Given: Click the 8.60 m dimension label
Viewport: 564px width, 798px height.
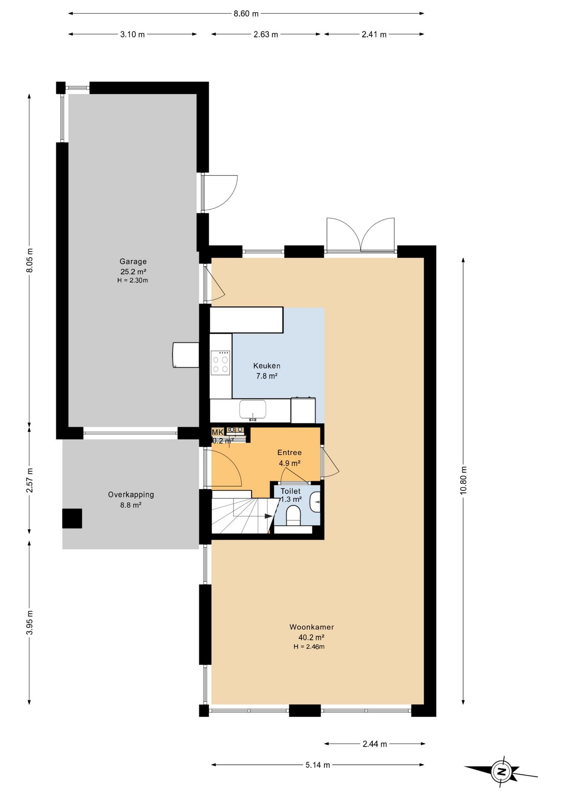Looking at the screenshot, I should click(246, 14).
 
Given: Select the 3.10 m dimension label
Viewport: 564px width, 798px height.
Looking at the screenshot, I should click(132, 34).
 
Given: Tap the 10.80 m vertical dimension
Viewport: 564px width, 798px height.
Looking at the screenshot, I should click(463, 480).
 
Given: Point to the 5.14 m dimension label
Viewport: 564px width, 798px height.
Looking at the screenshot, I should click(318, 765).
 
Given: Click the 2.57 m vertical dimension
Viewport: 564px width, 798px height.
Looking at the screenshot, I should click(29, 480).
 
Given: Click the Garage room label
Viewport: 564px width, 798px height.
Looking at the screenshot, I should click(133, 261).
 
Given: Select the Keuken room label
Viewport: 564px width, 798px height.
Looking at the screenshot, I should click(267, 366).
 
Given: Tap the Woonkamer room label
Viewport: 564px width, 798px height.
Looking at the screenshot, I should click(311, 627).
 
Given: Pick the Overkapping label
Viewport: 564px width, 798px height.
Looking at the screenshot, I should click(131, 495).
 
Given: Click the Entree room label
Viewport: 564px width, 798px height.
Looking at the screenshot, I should click(289, 453).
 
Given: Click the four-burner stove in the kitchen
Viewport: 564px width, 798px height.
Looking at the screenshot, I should click(221, 363).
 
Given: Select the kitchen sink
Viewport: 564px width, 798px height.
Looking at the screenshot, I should click(253, 409).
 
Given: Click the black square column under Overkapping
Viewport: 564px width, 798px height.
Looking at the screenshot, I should click(72, 518).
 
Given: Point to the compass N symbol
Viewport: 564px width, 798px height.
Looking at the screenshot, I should click(501, 772).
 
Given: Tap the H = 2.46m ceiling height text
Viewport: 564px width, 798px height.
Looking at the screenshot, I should click(309, 647).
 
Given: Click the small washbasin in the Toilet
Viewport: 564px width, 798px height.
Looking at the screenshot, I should click(316, 502).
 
